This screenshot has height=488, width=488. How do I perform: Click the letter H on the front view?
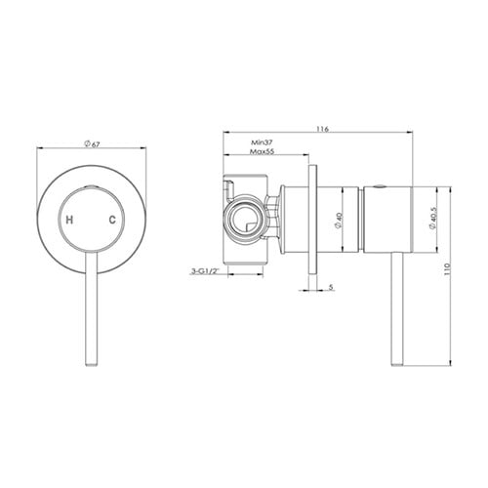click(x=69, y=220)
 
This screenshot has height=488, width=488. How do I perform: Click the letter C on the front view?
click(x=112, y=220)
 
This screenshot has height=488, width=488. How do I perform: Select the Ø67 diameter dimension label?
click(x=92, y=144)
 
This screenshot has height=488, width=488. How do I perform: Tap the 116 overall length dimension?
click(x=322, y=129)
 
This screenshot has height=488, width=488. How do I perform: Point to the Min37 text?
click(x=262, y=142)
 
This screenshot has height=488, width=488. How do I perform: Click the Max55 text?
click(x=263, y=151)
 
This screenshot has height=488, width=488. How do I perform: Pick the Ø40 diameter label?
click(x=338, y=220)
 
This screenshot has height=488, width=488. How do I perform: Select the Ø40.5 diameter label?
click(x=432, y=220)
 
